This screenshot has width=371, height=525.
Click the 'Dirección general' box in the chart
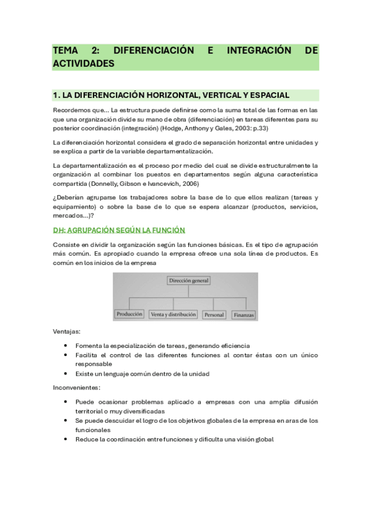[189, 280]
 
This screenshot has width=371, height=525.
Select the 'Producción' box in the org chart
[129, 315]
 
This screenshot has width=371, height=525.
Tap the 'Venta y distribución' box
[173, 315]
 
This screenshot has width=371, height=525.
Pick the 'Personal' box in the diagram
[214, 315]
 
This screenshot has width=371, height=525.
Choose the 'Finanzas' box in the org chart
[244, 315]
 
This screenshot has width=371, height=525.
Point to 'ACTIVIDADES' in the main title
[84, 63]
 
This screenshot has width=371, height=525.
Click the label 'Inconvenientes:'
[77, 388]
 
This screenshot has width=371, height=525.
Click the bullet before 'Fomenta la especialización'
[66, 345]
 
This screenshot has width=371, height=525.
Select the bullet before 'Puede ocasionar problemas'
[66, 401]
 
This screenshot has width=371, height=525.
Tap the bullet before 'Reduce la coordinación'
[66, 439]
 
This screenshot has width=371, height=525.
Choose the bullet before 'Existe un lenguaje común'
[66, 373]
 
